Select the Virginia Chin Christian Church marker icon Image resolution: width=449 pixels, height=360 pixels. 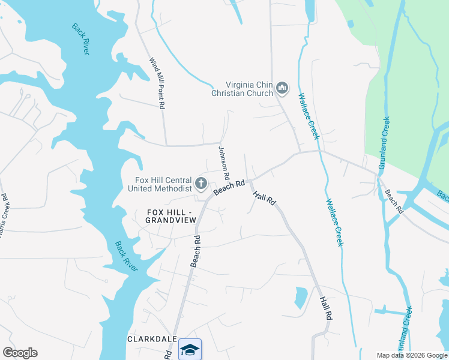283,89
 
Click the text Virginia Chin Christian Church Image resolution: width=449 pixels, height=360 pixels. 242,89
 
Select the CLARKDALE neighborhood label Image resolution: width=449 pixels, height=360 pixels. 152,339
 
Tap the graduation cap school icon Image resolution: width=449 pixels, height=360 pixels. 190,349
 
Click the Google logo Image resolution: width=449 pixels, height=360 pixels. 20,353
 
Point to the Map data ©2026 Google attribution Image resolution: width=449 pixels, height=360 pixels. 411,355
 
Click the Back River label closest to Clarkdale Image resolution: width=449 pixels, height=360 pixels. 125,256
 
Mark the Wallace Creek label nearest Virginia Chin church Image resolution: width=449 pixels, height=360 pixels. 309,116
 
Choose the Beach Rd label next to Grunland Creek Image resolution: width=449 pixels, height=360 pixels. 394,202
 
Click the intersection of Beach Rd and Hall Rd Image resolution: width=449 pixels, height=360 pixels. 250,180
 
